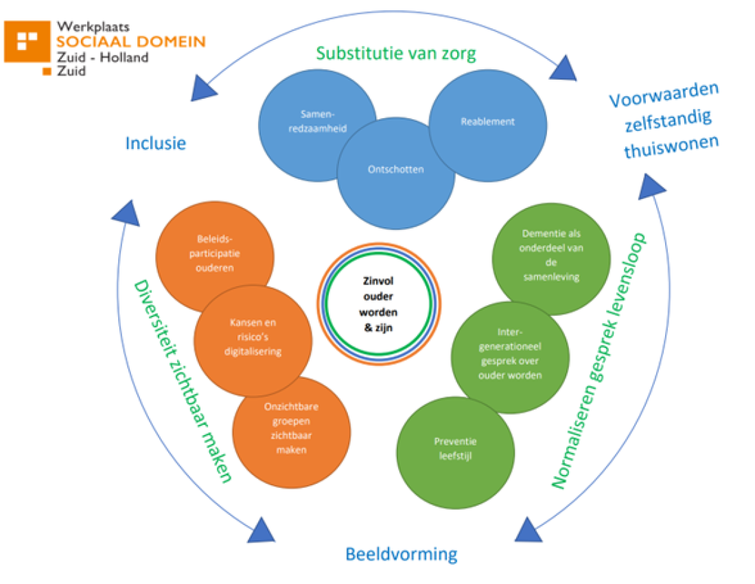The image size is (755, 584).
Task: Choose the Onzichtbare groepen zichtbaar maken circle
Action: point(291,428)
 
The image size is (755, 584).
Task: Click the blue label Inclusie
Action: point(156,143)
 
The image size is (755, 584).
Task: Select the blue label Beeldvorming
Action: point(401,554)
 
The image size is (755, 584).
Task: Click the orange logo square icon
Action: point(27,42)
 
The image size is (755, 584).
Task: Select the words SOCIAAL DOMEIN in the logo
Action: point(130,41)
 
